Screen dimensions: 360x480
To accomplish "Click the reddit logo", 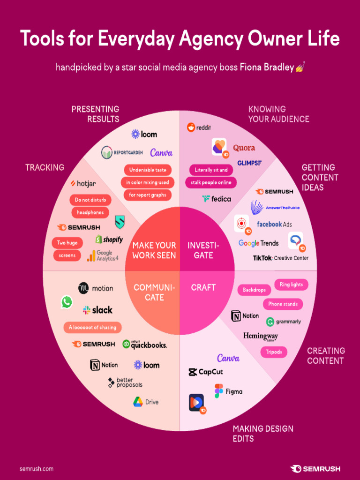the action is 198,127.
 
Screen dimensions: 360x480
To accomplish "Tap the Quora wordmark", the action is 244,148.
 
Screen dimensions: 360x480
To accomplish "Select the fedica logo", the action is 217,199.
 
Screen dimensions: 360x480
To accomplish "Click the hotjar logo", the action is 83,184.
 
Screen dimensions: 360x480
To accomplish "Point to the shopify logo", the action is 109,240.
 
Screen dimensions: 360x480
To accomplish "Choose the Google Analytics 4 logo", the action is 103,255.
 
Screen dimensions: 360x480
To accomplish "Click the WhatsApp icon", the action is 67,302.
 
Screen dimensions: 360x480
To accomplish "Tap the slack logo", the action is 97,310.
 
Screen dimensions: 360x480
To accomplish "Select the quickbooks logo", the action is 144,345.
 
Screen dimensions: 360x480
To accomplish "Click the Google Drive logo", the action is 146,402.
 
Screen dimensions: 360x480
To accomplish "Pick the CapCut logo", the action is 205,372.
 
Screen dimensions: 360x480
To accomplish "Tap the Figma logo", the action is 228,391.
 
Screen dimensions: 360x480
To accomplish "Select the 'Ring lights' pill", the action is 291,285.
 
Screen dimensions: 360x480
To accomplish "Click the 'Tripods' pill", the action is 274,352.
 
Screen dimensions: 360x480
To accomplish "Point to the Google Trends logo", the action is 258,243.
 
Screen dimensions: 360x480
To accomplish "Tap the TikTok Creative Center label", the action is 281,258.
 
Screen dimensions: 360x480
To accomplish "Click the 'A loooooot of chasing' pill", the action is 92,327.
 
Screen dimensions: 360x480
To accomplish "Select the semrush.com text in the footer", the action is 37,469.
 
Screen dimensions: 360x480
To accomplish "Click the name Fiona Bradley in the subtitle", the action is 267,67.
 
